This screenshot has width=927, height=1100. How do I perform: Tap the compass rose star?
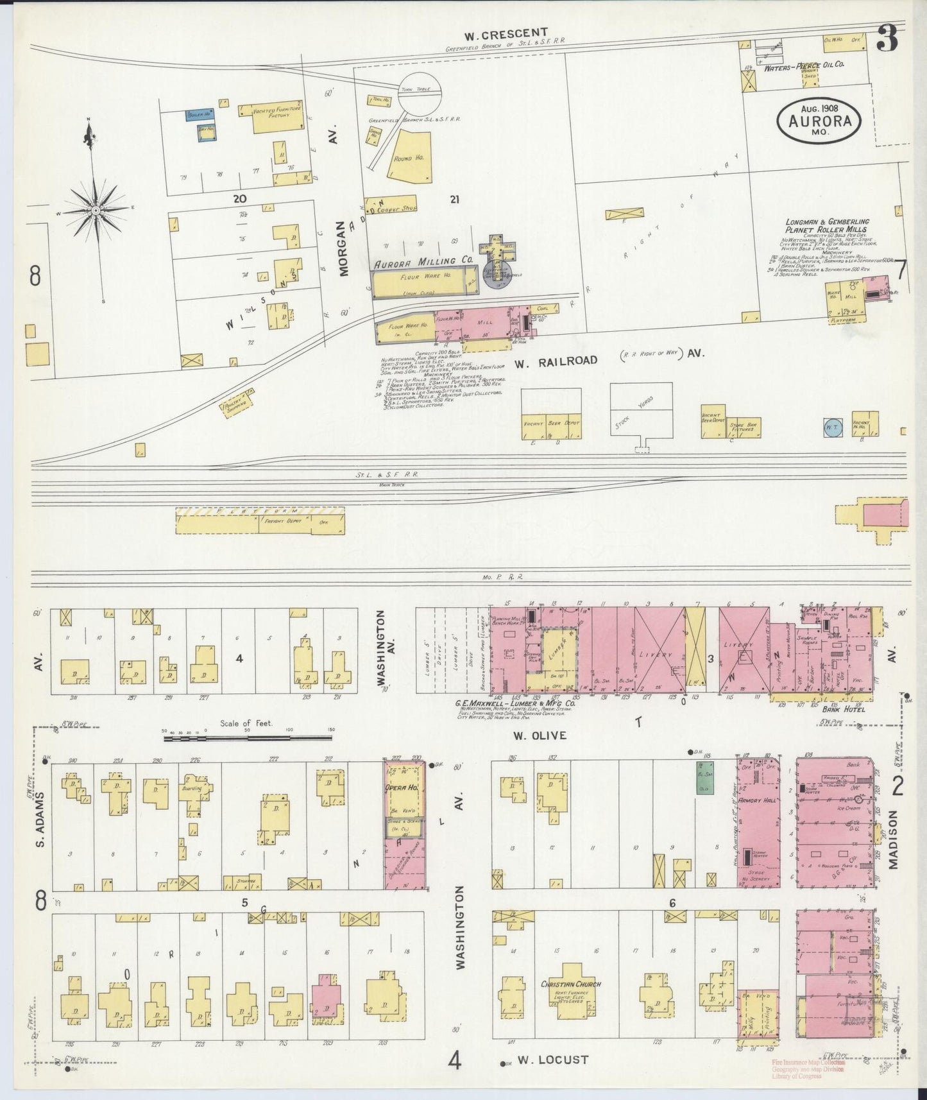coord(96,210)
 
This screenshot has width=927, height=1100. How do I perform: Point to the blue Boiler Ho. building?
coord(199,116)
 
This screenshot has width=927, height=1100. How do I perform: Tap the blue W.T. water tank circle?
coord(832,427)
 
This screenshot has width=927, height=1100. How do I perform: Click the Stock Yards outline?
coord(641,411)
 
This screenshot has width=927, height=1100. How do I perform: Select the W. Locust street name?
coord(553,1060)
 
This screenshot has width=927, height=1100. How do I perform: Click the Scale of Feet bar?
coord(247,739)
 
